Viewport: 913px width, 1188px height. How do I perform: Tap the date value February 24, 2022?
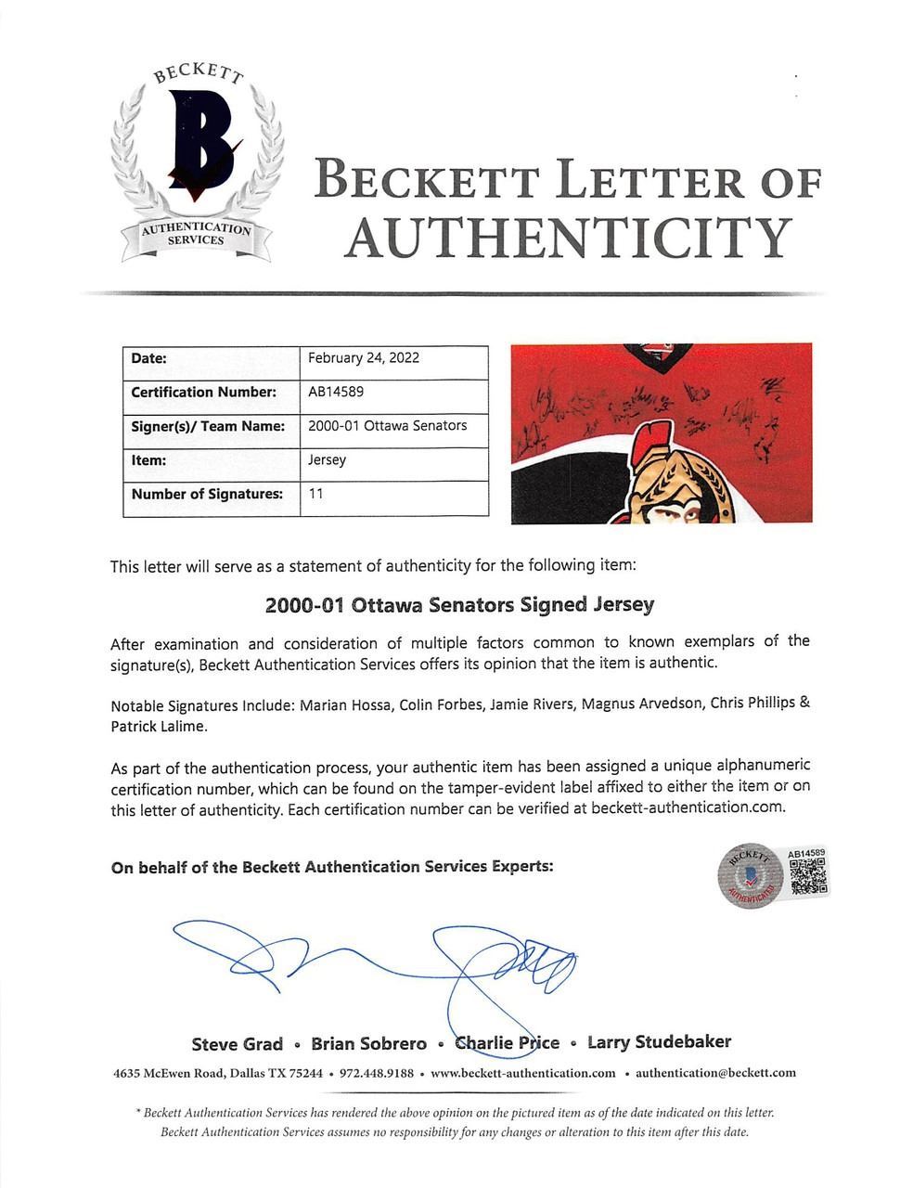pyautogui.click(x=363, y=358)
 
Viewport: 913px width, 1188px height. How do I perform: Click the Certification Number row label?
pyautogui.click(x=203, y=392)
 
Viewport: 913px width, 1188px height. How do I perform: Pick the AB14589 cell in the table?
pyautogui.click(x=335, y=392)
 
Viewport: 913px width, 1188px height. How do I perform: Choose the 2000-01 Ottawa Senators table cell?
pyautogui.click(x=387, y=426)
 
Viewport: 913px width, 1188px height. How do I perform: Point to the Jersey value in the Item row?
pyautogui.click(x=327, y=460)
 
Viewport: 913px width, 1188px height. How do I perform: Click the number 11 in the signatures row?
pyautogui.click(x=315, y=495)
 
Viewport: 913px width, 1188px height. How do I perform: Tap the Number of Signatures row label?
pyautogui.click(x=206, y=495)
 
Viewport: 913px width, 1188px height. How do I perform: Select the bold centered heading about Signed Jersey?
pyautogui.click(x=459, y=604)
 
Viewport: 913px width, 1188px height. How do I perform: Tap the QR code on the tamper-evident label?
pyautogui.click(x=807, y=875)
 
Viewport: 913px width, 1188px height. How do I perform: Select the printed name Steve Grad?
pyautogui.click(x=237, y=1043)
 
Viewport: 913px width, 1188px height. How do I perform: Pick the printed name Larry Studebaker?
pyautogui.click(x=659, y=1042)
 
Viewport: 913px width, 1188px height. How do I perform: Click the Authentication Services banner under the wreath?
pyautogui.click(x=195, y=235)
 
